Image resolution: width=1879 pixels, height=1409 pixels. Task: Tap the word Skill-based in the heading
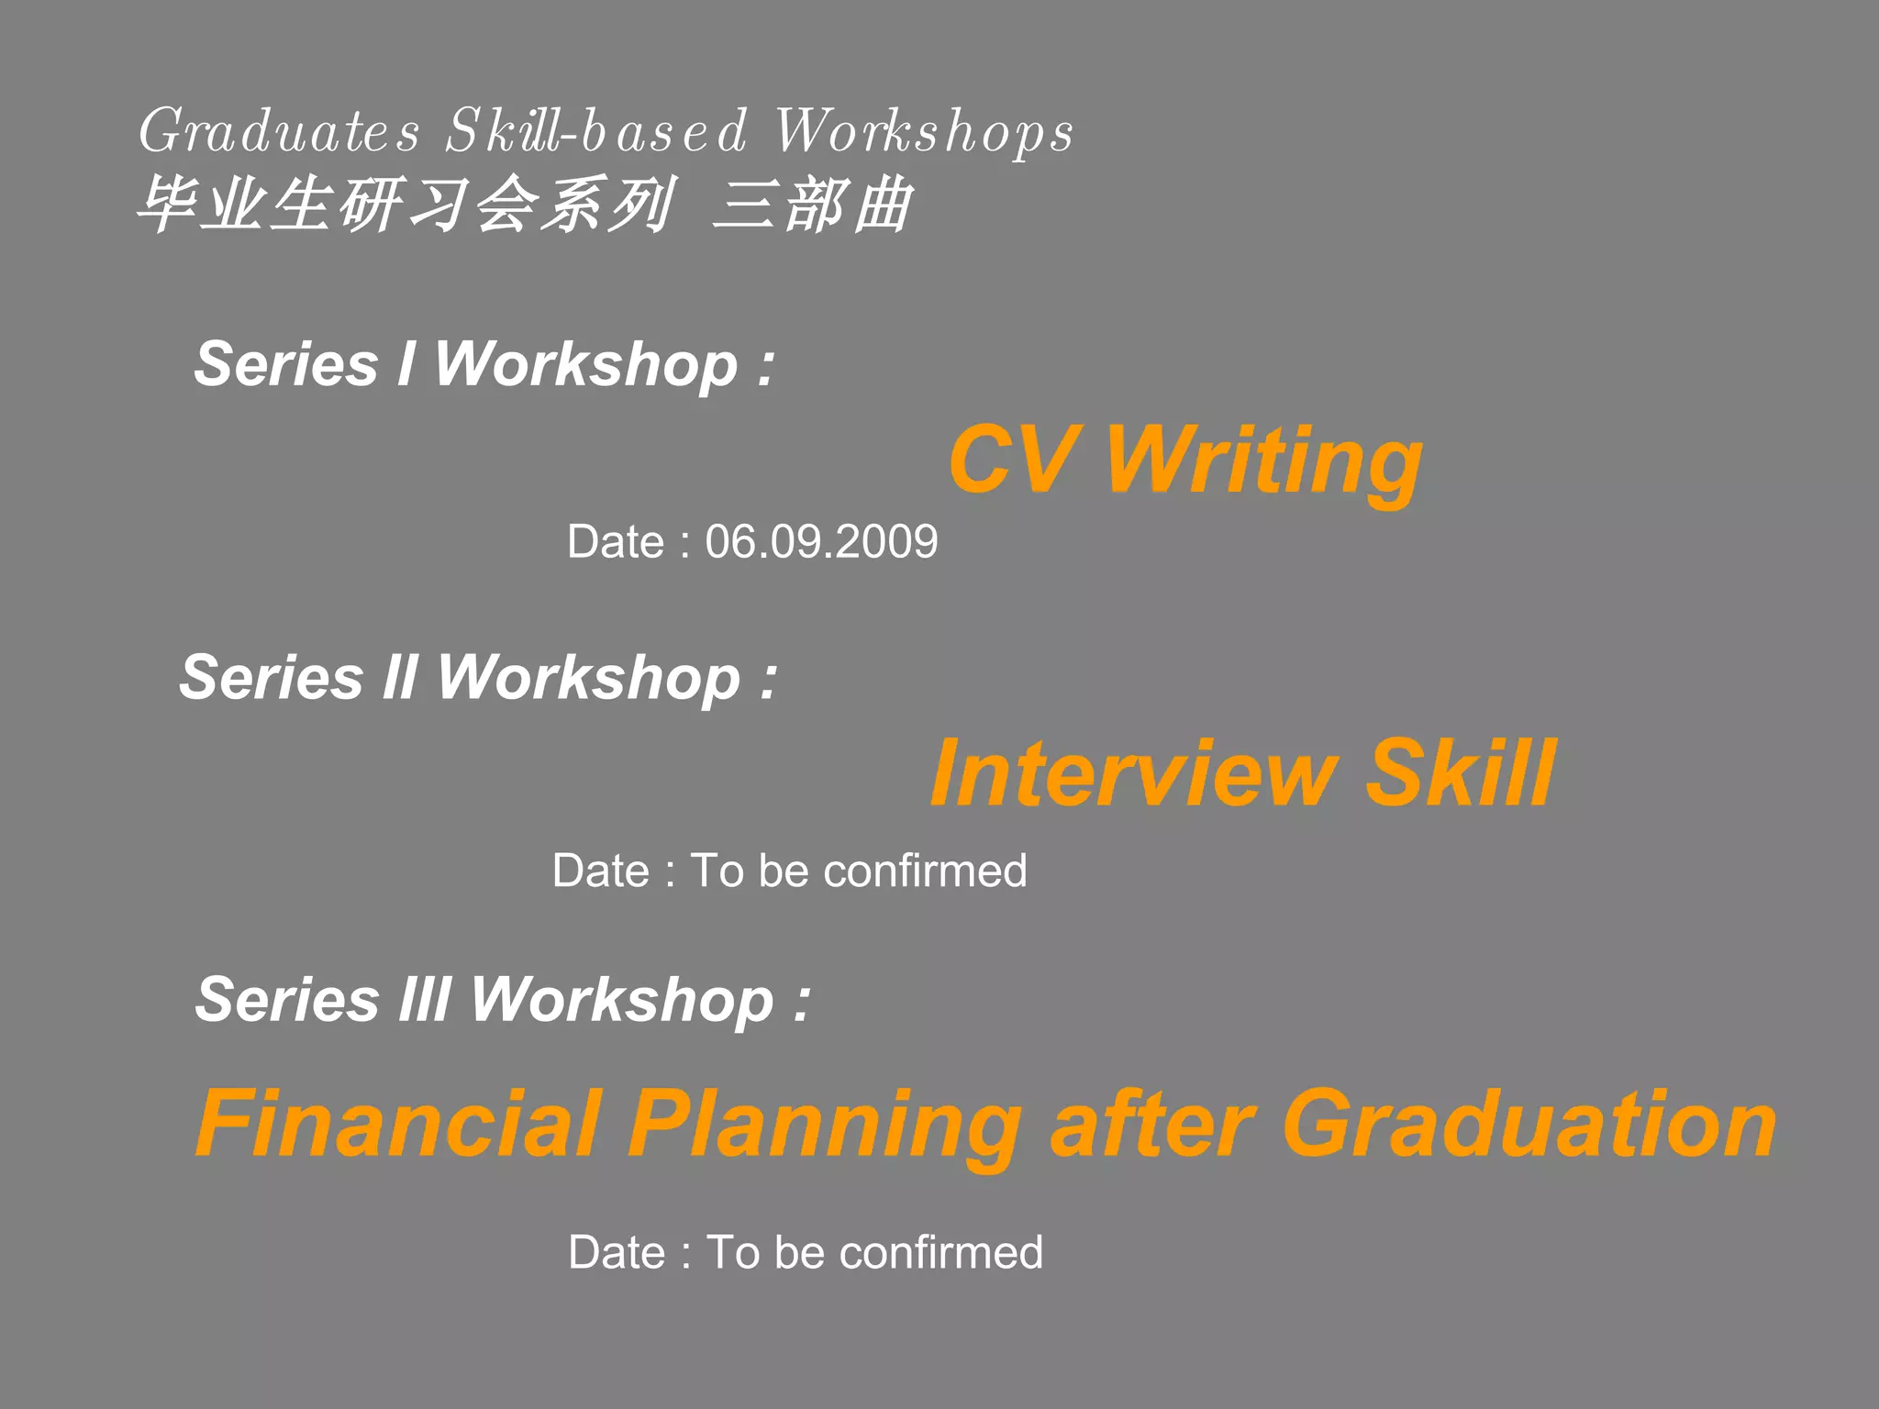[x=596, y=131]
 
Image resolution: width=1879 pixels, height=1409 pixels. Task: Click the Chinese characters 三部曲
[x=813, y=204]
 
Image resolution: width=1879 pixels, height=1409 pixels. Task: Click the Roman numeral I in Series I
[x=406, y=364]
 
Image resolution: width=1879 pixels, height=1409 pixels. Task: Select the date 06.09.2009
[x=821, y=541]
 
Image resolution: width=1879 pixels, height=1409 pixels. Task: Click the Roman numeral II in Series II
[x=400, y=678]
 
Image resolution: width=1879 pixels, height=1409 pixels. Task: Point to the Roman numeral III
[x=424, y=999]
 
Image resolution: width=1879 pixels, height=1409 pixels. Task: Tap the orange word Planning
[x=824, y=1126]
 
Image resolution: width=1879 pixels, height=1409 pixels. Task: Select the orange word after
[x=1152, y=1124]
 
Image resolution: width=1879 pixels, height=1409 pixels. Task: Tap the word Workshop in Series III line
[x=622, y=1000]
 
